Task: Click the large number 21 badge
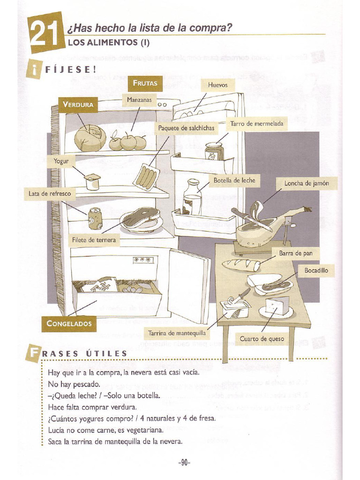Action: pos(45,34)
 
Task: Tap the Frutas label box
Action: pos(145,83)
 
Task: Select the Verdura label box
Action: pos(78,105)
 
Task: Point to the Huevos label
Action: pos(217,85)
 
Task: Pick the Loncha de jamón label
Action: pos(307,183)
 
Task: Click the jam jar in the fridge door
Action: pos(214,151)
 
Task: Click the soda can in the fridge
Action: pos(95,218)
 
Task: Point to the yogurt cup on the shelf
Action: pos(93,181)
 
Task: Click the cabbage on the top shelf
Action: pos(90,138)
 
